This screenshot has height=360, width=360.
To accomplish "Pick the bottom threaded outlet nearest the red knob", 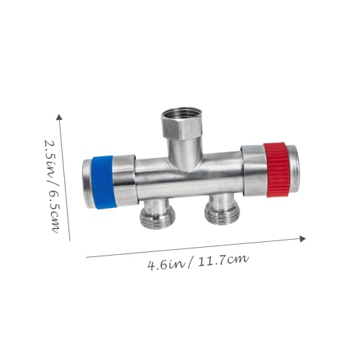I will [x=217, y=210].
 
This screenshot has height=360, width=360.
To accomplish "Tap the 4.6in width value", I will [x=163, y=264].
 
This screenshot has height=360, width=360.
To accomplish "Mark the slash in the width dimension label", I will [x=189, y=261].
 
